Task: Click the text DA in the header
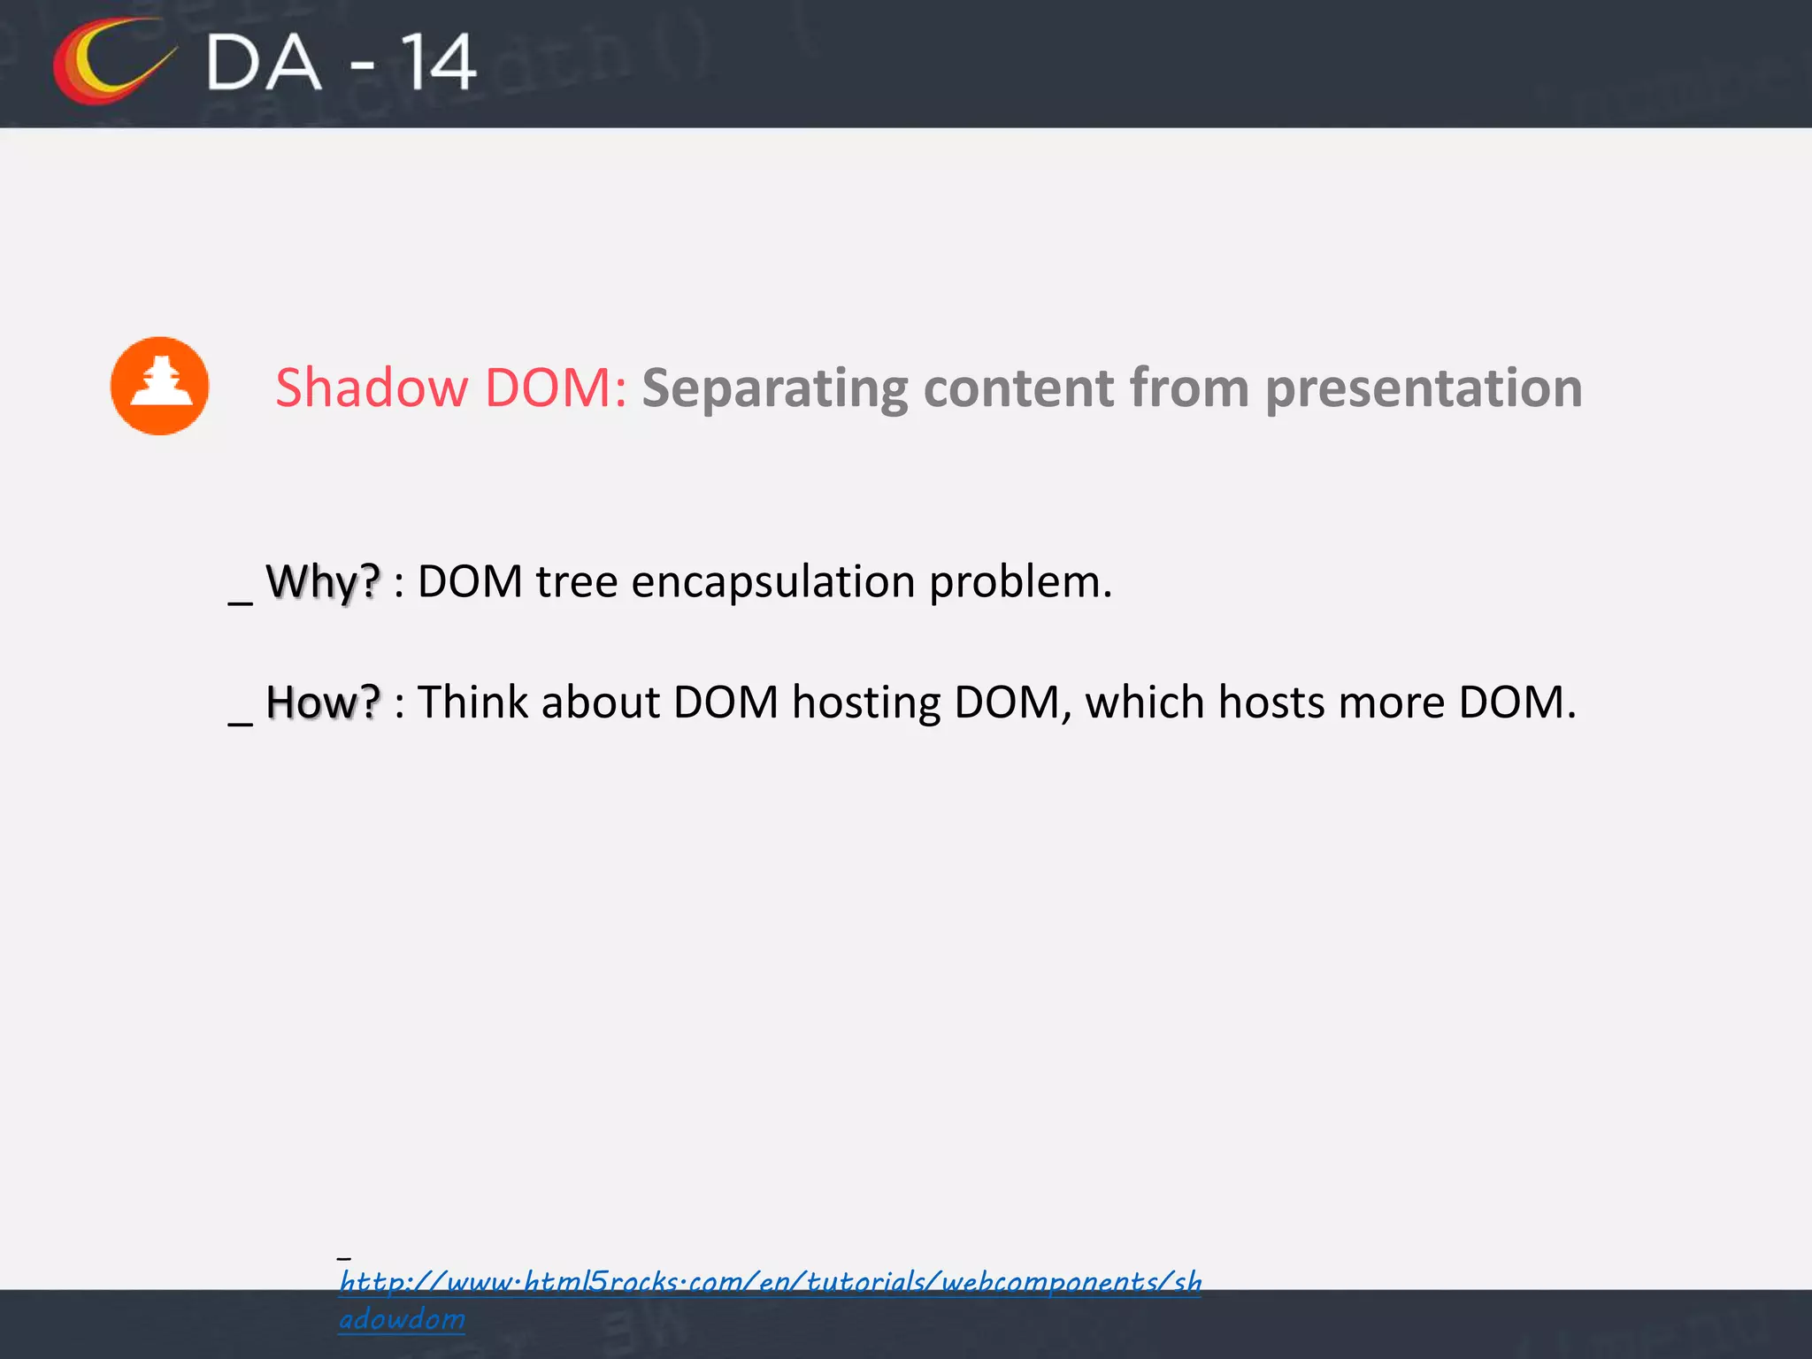pos(264,63)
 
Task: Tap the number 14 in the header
pos(438,63)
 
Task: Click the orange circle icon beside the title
pos(159,386)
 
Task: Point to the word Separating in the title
pos(774,389)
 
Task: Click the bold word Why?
pos(323,582)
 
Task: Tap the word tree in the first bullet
pos(576,582)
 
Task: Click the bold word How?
pos(323,703)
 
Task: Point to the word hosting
pos(866,704)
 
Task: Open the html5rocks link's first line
pos(770,1281)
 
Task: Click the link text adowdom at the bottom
pos(402,1319)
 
